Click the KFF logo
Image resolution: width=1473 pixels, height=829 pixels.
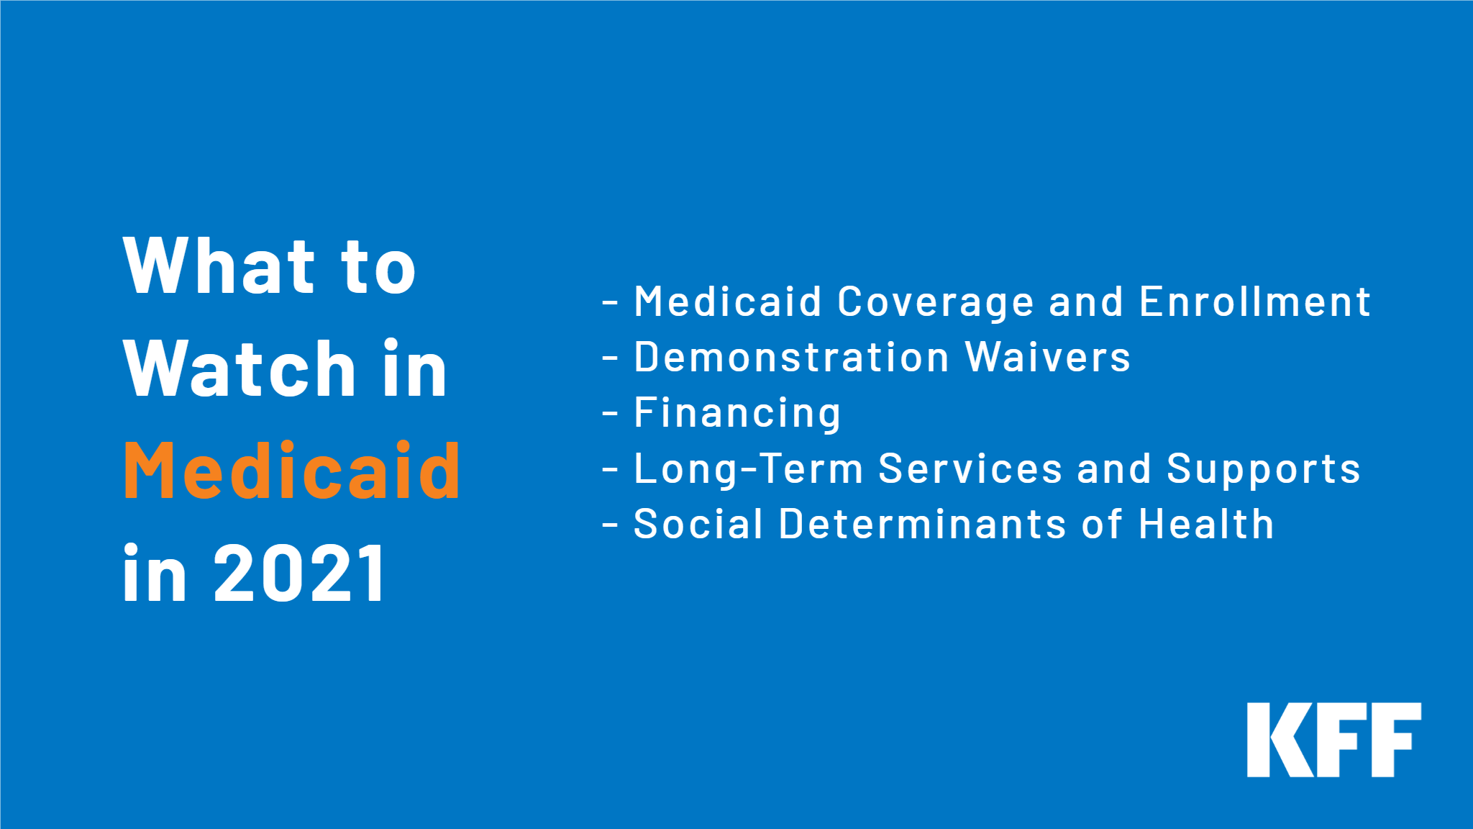(1333, 739)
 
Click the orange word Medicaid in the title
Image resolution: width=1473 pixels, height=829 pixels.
(291, 471)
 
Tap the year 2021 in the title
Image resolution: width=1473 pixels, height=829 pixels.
(300, 574)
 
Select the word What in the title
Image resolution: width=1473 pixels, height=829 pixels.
(219, 266)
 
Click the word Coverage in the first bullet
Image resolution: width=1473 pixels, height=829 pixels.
(935, 302)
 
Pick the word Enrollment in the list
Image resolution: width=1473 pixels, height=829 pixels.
(1254, 302)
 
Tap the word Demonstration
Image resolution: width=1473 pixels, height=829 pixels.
(791, 358)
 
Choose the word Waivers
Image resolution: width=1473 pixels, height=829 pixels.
(1047, 358)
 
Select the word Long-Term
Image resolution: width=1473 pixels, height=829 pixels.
(748, 469)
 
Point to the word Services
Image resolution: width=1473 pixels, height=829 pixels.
(970, 469)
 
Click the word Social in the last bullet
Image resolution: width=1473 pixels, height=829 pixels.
(698, 525)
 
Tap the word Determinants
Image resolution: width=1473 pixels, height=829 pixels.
(922, 525)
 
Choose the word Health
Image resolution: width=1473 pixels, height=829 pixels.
(1206, 525)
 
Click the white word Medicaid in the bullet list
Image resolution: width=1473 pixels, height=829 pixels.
(727, 302)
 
